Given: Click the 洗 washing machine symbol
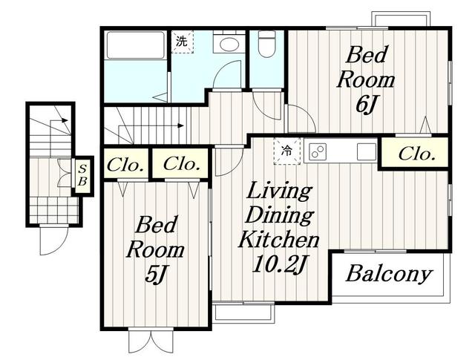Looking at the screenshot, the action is (x=182, y=42).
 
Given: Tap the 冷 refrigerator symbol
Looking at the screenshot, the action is (x=287, y=151).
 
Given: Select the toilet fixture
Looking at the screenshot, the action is (x=267, y=43).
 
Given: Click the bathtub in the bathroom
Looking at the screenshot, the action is (x=136, y=45).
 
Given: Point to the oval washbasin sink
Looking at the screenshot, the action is (x=229, y=45).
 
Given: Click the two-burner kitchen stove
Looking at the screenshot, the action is (x=318, y=151).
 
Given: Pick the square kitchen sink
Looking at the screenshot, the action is (x=366, y=151).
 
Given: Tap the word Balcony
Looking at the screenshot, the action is (x=389, y=274).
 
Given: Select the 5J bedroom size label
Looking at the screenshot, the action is (x=156, y=275).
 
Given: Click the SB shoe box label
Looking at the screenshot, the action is (x=82, y=175).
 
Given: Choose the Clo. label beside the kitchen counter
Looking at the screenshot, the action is (x=416, y=154).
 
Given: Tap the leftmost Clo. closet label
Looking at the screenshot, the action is (x=125, y=166).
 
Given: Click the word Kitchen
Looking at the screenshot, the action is (x=279, y=240).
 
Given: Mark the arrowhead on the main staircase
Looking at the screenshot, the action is (x=181, y=125).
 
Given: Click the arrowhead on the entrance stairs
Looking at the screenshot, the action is (x=65, y=120).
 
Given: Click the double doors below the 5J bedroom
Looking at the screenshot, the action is (x=151, y=341).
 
